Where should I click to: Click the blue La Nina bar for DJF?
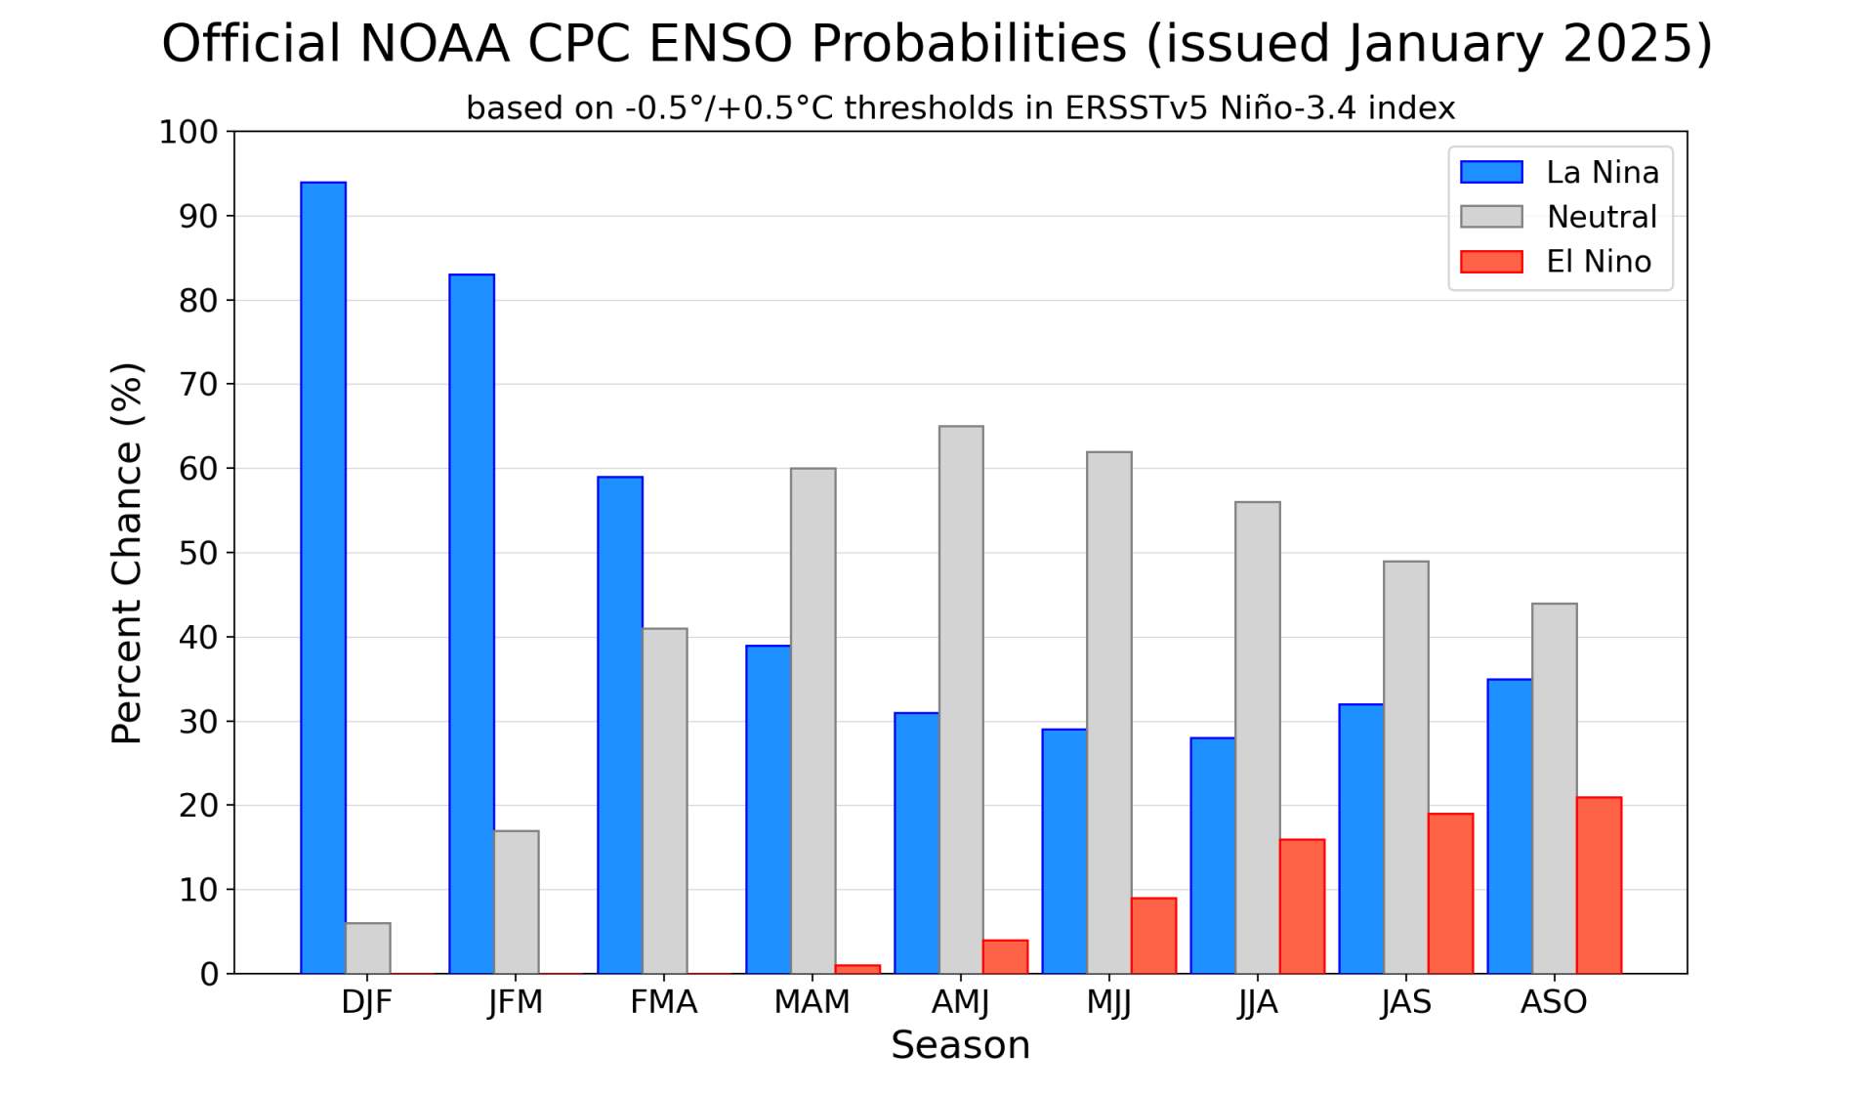pyautogui.click(x=323, y=577)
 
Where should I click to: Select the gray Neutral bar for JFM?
pyautogui.click(x=517, y=902)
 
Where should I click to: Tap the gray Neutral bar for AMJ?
pyautogui.click(x=961, y=699)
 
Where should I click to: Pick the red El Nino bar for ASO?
pyautogui.click(x=1599, y=885)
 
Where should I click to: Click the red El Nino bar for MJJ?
pyautogui.click(x=1153, y=936)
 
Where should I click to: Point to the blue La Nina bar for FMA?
pyautogui.click(x=620, y=725)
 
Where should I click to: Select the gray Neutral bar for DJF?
pyautogui.click(x=368, y=947)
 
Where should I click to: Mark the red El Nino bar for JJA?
pyautogui.click(x=1302, y=906)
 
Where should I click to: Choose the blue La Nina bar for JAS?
pyautogui.click(x=1361, y=838)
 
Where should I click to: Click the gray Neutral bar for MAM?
pyautogui.click(x=812, y=721)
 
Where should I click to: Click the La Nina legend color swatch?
pyautogui.click(x=1490, y=172)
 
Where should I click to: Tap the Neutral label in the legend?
pyautogui.click(x=1602, y=217)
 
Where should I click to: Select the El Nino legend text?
pyautogui.click(x=1599, y=262)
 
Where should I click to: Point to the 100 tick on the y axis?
pyautogui.click(x=188, y=132)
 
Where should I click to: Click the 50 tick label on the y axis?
pyautogui.click(x=198, y=553)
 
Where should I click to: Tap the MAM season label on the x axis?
pyautogui.click(x=812, y=1002)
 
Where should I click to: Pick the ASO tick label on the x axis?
pyautogui.click(x=1553, y=1002)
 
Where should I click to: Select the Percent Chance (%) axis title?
pyautogui.click(x=127, y=553)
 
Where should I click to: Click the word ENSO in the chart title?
pyautogui.click(x=720, y=44)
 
